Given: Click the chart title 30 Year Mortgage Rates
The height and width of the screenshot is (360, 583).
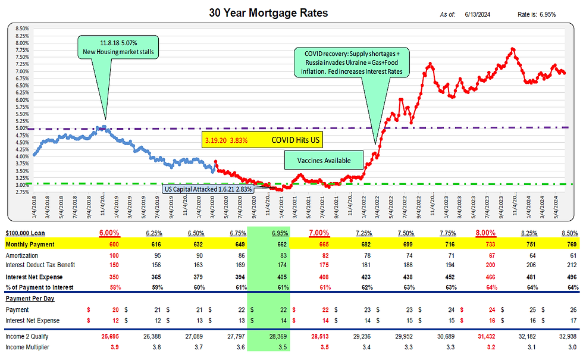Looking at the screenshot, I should tap(268, 12).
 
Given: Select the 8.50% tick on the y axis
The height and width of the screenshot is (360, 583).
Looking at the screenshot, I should tap(22, 28).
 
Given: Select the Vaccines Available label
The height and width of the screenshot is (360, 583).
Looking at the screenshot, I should tap(324, 160).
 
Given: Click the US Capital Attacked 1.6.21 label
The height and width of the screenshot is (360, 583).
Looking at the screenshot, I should tap(208, 189).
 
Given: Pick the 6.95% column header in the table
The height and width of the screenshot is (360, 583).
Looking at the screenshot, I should tap(269, 233).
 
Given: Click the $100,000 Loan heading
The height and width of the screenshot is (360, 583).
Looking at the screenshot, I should tap(26, 233).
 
